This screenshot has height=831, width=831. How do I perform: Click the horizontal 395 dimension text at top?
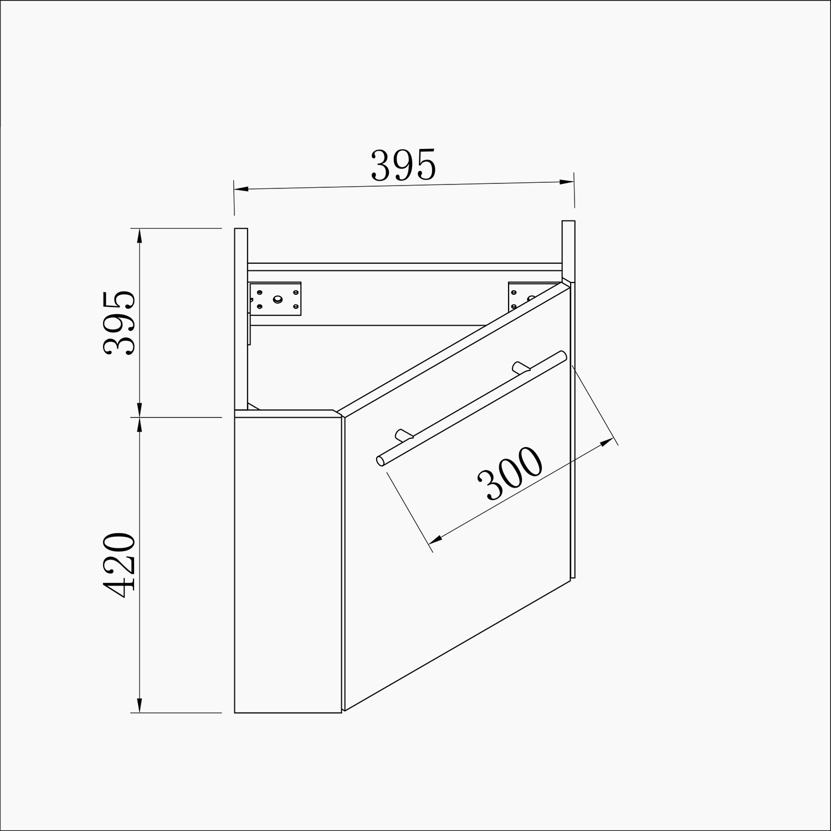(403, 165)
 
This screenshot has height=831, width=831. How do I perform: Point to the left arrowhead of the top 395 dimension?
(241, 189)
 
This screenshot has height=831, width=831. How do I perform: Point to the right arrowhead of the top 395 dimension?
(567, 182)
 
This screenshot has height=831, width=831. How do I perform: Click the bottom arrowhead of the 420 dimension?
(139, 705)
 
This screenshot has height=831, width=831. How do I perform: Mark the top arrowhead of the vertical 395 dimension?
(139, 235)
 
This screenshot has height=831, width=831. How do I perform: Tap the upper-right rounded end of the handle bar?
(562, 355)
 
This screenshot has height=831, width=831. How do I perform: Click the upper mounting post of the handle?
(519, 367)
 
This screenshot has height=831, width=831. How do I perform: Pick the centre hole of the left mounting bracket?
(276, 299)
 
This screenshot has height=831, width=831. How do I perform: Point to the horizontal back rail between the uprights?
(404, 266)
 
